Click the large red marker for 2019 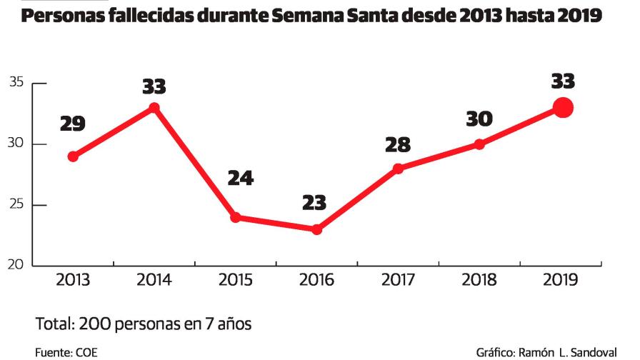coord(563,108)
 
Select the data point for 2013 coord(73,156)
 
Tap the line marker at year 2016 coord(317,230)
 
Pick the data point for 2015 coord(236,217)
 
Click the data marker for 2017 coord(399,169)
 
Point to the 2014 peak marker coord(154,108)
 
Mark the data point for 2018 coord(480,144)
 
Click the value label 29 coord(73,124)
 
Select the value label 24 coord(241,179)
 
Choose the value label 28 coord(398,145)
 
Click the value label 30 coord(480,119)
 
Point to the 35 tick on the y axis coord(17,83)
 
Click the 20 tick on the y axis coord(17,266)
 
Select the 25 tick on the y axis coord(17,205)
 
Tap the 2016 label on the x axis coord(317,280)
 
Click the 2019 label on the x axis coord(561,280)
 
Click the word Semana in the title coord(315,16)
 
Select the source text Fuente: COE coord(66,352)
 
